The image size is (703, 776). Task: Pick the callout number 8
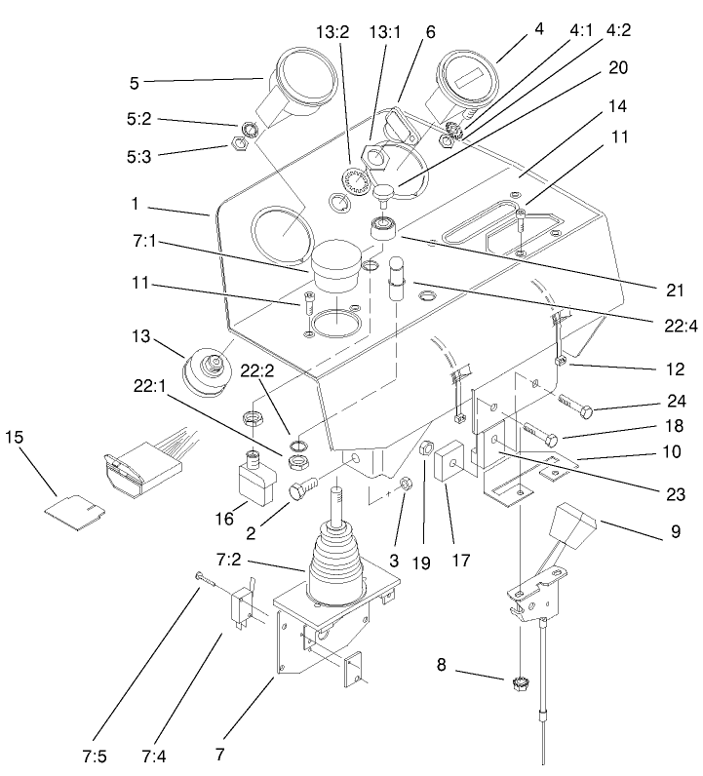(442, 665)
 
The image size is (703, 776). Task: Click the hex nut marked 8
(521, 683)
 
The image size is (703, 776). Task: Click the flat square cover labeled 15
(76, 507)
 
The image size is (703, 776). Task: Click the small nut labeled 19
(424, 450)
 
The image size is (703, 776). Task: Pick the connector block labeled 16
(259, 479)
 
